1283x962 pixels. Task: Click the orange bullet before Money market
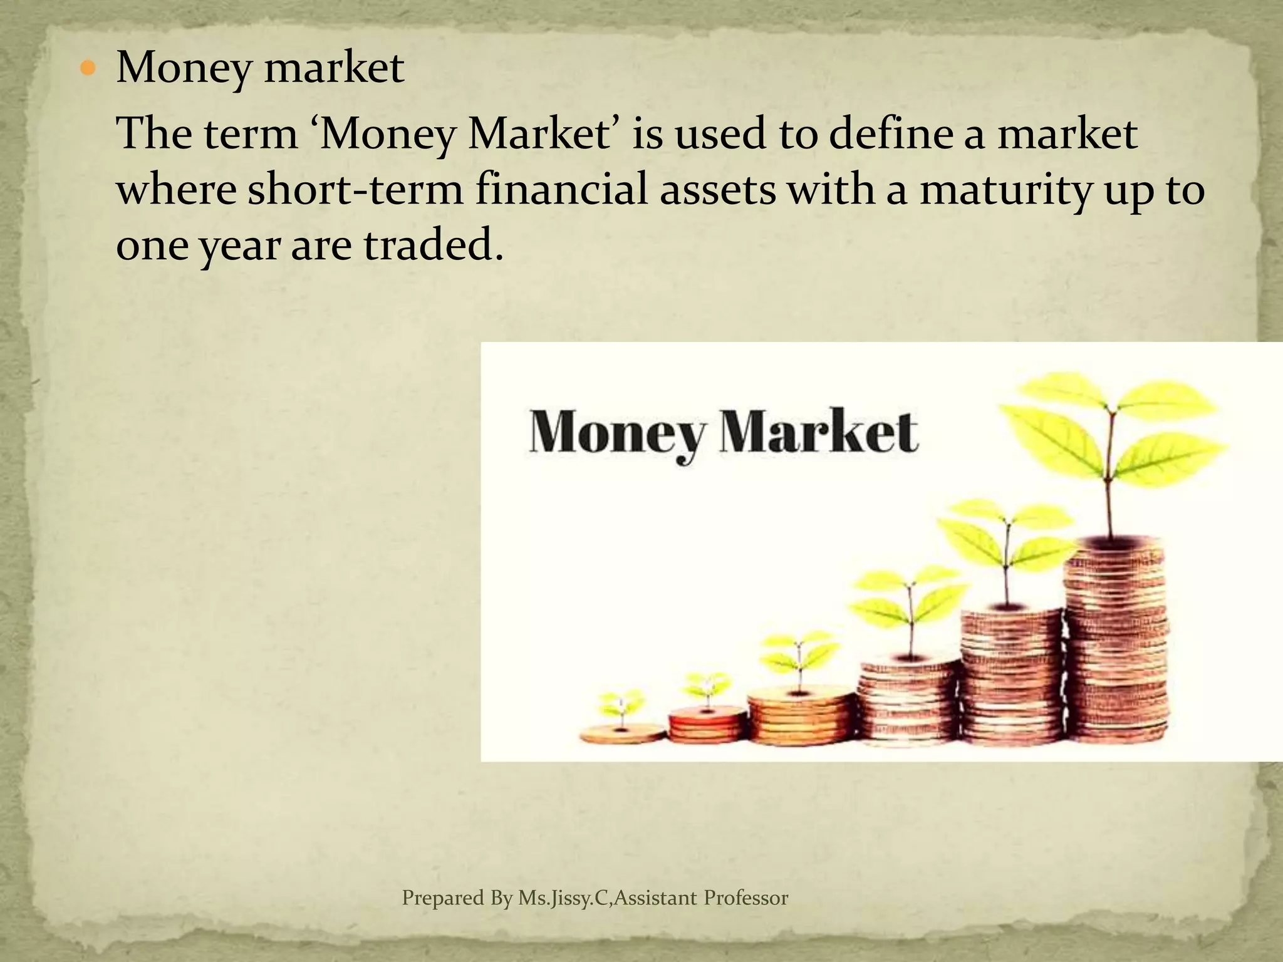[87, 68]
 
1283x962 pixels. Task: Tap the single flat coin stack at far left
[622, 733]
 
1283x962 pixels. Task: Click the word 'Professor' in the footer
[745, 898]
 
